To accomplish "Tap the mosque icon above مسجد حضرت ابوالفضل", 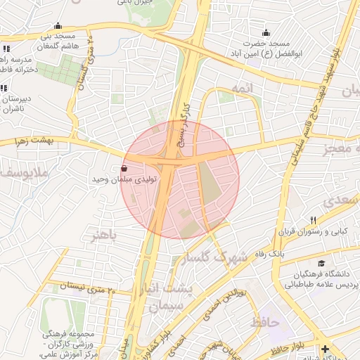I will point(266,32).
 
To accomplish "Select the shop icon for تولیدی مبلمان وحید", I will point(124,169).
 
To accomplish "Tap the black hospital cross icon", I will point(324,349).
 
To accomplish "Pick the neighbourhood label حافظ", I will point(264,322).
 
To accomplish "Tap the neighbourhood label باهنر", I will point(103,233).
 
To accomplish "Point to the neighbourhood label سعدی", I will point(341,201).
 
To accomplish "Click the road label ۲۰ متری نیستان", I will point(75,286).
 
